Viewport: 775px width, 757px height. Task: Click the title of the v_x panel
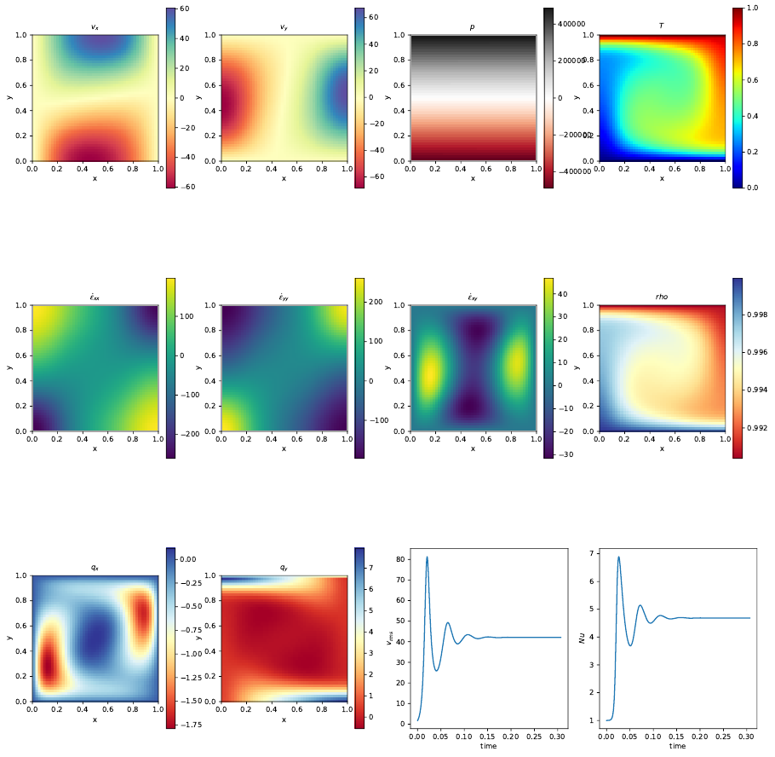point(95,27)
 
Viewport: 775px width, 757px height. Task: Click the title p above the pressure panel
point(473,27)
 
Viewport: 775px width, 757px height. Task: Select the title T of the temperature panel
point(662,27)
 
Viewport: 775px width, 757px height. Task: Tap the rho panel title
point(662,298)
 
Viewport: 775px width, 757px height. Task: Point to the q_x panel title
point(95,568)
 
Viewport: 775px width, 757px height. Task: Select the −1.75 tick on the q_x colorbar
point(189,724)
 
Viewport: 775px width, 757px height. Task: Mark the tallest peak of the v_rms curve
point(427,557)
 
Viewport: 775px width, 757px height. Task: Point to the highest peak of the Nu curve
point(618,557)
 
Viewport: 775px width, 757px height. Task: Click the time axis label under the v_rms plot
point(488,746)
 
